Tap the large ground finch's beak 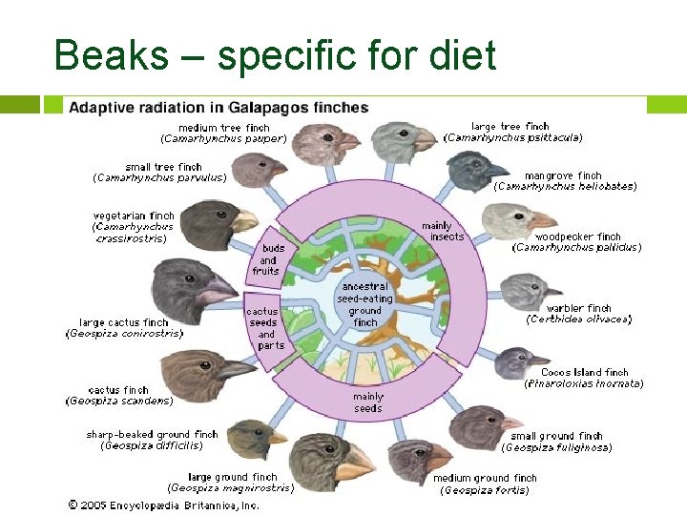[x=358, y=464]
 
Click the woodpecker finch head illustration [x=516, y=222]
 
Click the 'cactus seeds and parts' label [x=264, y=328]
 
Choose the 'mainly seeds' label [x=367, y=402]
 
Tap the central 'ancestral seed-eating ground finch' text [x=364, y=303]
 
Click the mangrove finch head [x=476, y=171]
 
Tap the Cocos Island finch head [x=519, y=361]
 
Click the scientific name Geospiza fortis [x=484, y=491]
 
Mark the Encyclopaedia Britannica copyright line [x=162, y=505]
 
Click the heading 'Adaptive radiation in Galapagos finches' [x=219, y=107]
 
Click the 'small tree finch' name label [x=164, y=167]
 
